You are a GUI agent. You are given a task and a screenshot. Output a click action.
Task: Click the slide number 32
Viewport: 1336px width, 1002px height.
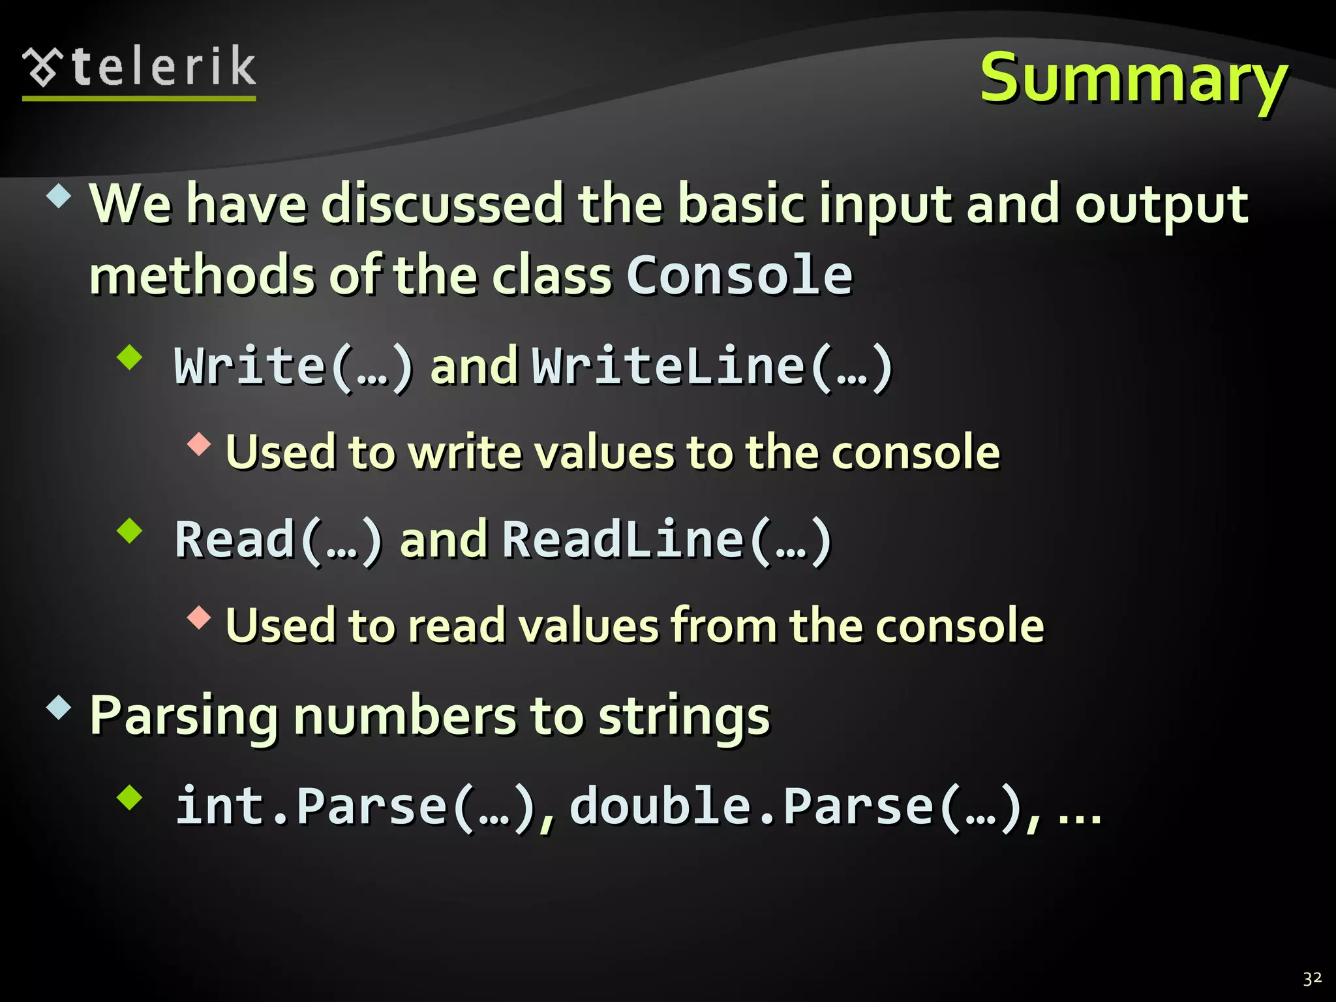(x=1312, y=978)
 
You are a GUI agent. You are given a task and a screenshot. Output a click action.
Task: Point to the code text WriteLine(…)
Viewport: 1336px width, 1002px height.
(x=712, y=367)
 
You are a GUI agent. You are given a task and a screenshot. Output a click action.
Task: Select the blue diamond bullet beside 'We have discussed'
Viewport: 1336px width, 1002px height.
(x=59, y=196)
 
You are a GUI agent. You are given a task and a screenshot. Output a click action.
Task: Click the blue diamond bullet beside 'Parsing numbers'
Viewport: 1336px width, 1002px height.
(x=59, y=708)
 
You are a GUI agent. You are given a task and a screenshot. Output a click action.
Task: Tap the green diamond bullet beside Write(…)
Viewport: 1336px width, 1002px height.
(x=130, y=357)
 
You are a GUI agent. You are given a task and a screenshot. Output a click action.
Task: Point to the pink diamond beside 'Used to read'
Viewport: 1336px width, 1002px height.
(x=199, y=617)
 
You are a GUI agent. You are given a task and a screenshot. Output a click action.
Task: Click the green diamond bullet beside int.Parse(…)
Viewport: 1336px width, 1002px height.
(x=130, y=797)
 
